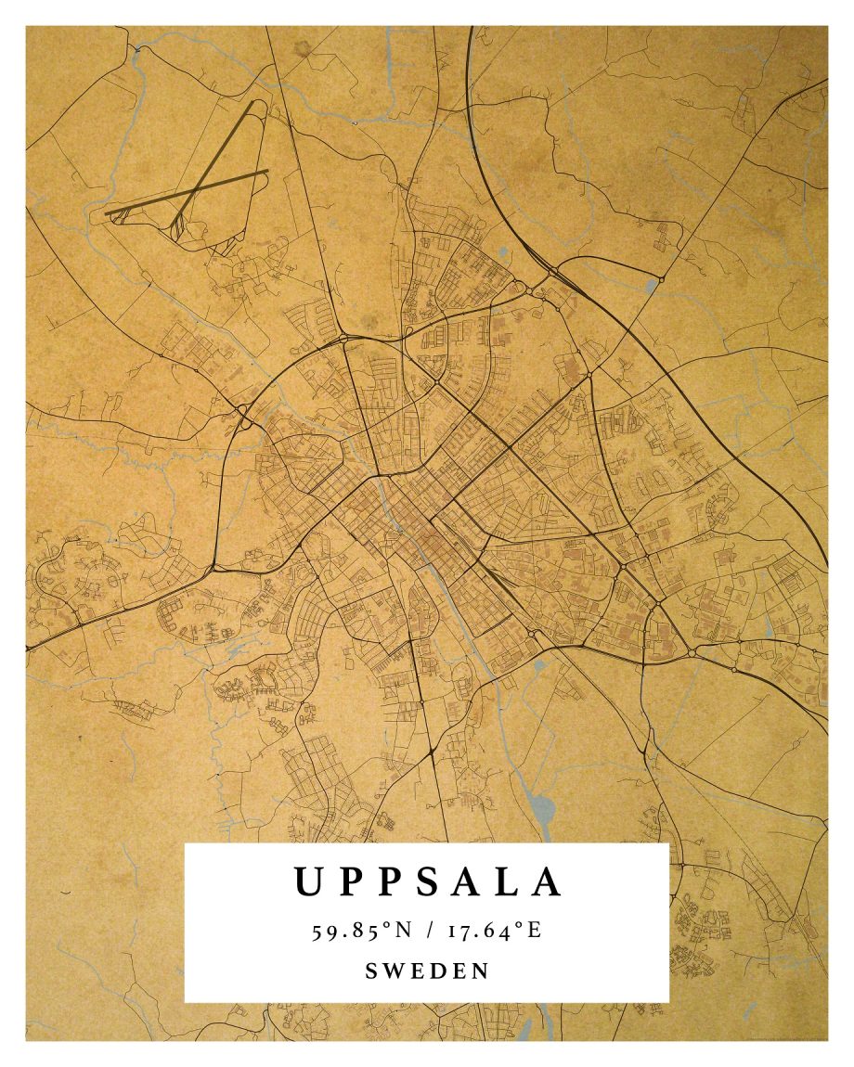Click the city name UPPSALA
tap(427, 881)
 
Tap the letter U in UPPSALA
tap(308, 881)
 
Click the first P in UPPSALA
tap(350, 881)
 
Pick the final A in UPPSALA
tap(549, 881)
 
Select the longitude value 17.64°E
tap(495, 931)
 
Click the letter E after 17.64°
tap(535, 931)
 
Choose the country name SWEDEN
tap(427, 971)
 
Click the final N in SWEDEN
tap(481, 971)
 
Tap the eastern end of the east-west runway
tap(266, 171)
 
